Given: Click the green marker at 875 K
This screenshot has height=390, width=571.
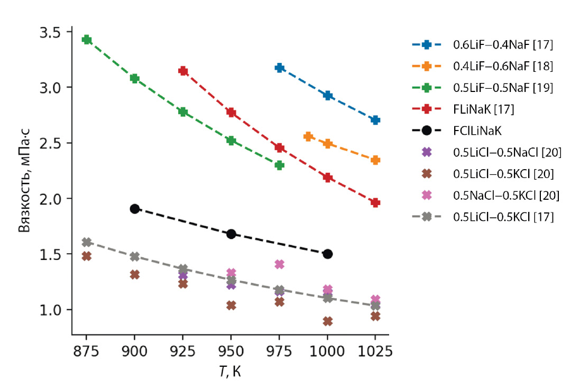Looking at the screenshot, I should click(87, 40).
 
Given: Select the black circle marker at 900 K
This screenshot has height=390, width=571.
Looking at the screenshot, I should click(135, 209).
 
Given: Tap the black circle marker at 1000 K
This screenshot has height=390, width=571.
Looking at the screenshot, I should click(327, 254).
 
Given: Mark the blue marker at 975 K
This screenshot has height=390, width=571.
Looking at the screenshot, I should click(280, 68).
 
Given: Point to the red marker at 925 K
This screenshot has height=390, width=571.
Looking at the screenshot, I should click(183, 71).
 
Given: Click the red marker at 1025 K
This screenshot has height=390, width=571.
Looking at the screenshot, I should click(375, 202).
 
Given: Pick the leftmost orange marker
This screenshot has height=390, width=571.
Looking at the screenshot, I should click(308, 137).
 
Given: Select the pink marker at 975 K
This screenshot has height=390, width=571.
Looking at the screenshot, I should click(279, 264).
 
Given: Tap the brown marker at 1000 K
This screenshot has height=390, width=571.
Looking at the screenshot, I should click(327, 321).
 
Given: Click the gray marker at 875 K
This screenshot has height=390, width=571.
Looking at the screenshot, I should click(87, 242).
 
